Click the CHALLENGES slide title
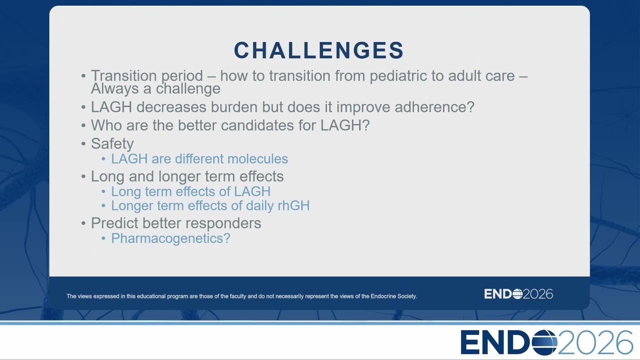(318, 50)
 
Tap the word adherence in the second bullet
(434, 107)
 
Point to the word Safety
(112, 143)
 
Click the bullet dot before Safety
(83, 143)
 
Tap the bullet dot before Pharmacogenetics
(103, 238)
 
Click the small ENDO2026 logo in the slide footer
(518, 294)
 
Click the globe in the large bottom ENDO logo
(544, 342)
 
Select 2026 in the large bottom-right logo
(595, 342)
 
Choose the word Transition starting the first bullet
(123, 75)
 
